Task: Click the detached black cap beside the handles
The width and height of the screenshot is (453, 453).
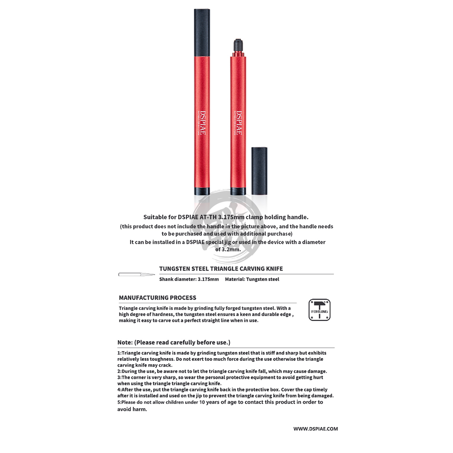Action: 259,171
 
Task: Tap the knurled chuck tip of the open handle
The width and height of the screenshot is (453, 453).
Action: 238,45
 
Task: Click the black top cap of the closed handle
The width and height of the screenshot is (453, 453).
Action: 202,33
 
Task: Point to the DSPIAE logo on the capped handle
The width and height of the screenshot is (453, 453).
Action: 203,123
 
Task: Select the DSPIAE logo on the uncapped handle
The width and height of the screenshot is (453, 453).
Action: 239,123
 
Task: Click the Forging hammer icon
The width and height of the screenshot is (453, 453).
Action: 319,310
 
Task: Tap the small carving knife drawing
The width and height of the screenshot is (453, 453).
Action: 136,275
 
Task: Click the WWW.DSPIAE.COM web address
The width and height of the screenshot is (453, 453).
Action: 315,429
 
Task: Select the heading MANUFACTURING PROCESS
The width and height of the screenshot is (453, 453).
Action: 157,298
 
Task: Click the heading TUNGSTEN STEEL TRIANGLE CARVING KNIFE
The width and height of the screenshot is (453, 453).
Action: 221,269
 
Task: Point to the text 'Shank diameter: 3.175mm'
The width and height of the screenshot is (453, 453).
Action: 189,279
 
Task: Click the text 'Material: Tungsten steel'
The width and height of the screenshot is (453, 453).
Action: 252,279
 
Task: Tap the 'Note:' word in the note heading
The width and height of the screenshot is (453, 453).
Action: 125,343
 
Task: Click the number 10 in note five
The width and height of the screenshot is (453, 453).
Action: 202,402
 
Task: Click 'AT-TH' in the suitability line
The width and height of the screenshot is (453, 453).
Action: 208,217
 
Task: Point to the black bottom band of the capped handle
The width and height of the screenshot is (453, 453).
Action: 202,191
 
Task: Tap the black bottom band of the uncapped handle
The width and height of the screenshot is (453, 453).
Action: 238,191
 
